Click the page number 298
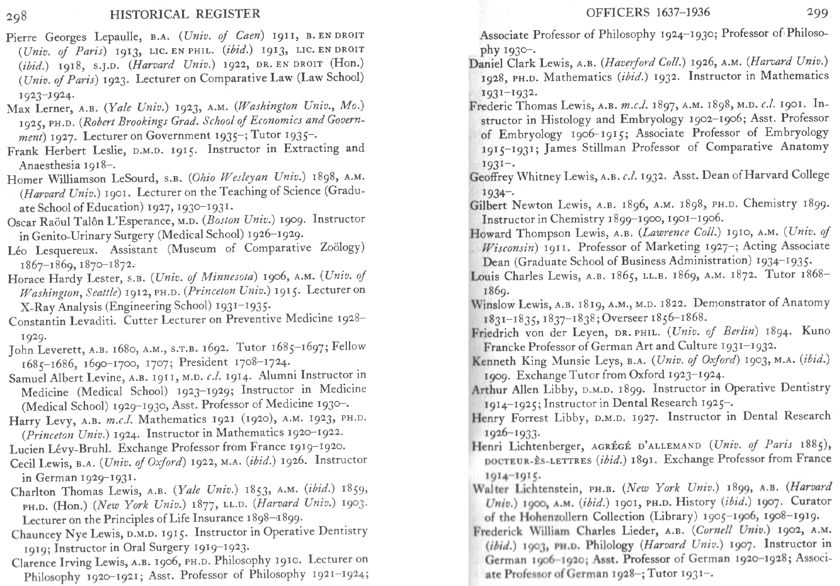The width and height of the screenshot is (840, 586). [x=17, y=16]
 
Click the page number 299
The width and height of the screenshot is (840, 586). [x=817, y=13]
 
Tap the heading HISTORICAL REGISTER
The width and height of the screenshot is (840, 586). [x=185, y=14]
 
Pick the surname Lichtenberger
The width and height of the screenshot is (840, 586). [x=546, y=446]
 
